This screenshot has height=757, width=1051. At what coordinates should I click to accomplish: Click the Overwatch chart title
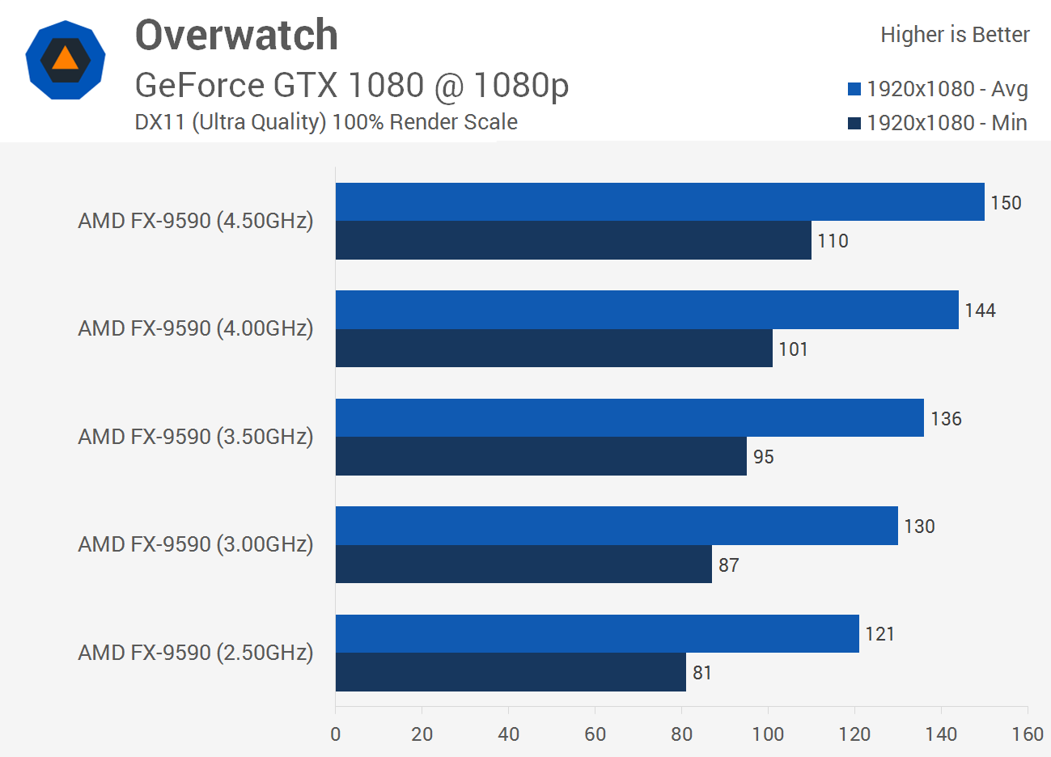(x=236, y=36)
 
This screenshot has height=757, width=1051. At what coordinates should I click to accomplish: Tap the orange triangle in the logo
(x=65, y=59)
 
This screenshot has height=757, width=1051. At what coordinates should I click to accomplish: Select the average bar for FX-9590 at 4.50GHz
(x=659, y=201)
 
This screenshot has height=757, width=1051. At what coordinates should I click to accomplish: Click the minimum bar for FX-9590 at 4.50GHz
(x=573, y=240)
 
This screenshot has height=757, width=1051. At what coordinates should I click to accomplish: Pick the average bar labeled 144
(x=646, y=310)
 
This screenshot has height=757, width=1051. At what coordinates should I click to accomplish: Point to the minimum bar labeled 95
(x=540, y=456)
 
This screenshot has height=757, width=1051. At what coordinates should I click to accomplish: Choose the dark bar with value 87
(x=523, y=564)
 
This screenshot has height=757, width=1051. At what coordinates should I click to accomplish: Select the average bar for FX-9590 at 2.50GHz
(x=597, y=633)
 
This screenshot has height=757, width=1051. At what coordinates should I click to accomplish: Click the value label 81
(x=701, y=673)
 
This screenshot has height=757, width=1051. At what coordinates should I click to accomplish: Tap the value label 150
(x=1006, y=203)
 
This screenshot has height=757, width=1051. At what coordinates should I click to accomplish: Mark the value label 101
(x=793, y=349)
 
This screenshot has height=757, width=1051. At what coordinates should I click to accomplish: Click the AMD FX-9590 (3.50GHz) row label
(x=195, y=437)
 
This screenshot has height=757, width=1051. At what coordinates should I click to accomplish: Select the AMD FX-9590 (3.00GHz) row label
(x=195, y=544)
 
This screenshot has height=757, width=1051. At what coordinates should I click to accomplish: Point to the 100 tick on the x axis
(x=768, y=734)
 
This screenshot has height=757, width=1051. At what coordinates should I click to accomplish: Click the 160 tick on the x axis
(x=1027, y=734)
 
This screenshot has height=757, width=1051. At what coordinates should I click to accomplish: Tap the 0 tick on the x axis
(x=336, y=734)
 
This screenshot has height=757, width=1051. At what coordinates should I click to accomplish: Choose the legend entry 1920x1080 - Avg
(x=938, y=89)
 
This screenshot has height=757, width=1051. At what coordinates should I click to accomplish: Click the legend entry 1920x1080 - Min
(x=938, y=123)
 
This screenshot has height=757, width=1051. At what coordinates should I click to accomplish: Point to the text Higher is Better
(x=955, y=35)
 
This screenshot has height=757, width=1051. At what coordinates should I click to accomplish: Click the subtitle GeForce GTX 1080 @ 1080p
(x=352, y=85)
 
